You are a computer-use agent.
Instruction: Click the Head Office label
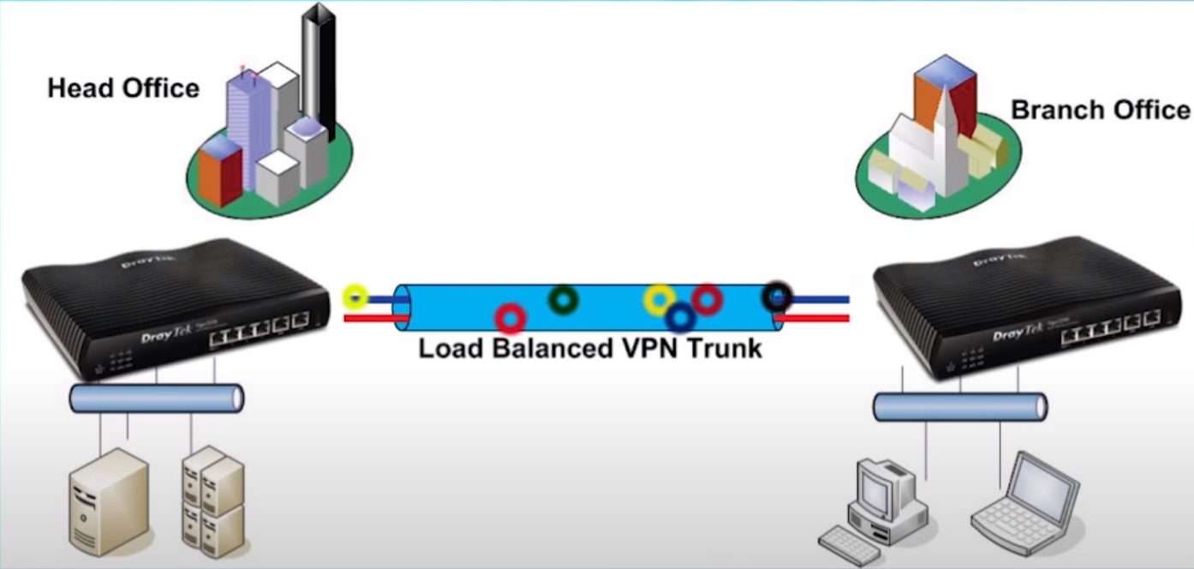click(123, 88)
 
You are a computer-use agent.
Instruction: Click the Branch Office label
click(1100, 111)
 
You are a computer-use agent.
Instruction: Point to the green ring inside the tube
click(563, 299)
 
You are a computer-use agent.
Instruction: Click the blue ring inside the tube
click(680, 318)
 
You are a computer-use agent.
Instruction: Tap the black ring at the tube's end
click(776, 296)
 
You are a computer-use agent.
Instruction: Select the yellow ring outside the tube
click(355, 297)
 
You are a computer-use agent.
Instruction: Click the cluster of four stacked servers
click(213, 497)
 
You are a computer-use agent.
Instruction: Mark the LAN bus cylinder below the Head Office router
click(156, 398)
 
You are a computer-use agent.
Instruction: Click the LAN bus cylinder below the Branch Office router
click(959, 406)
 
